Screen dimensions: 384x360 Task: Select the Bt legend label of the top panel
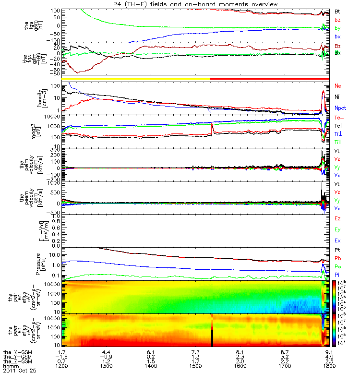tap(337, 11)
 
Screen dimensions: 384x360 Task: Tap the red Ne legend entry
tap(338, 86)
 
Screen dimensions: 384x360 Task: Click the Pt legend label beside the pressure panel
tap(337, 251)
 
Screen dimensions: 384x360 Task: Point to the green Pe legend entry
tap(338, 265)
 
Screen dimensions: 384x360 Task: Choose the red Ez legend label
tap(338, 219)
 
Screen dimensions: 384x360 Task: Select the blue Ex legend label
tap(338, 240)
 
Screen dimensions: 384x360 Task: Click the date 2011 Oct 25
tap(19, 371)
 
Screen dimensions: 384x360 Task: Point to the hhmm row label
tap(10, 366)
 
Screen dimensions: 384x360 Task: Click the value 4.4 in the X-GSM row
tap(107, 352)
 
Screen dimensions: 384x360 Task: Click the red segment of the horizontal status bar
tap(269, 78)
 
